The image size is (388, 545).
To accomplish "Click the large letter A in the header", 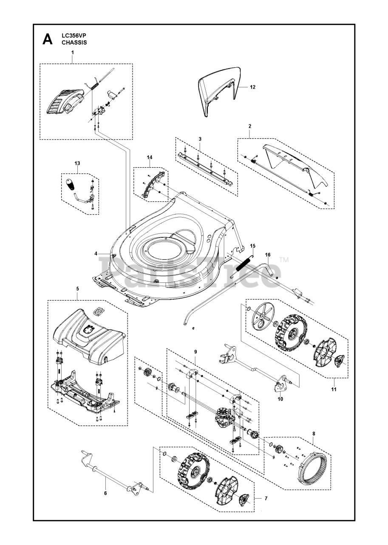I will point(47,40).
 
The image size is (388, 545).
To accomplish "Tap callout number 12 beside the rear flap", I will point(252,87).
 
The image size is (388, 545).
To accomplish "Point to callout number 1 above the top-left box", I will point(72,52).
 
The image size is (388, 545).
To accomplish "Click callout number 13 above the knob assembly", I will point(77,163).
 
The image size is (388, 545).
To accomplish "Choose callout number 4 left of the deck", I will point(96,254).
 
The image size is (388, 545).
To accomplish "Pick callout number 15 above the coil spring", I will point(252,246).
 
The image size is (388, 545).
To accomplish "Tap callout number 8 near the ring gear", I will point(314,434).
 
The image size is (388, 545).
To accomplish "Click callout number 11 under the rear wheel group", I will point(334,389).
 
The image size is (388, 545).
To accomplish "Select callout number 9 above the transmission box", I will point(195,352).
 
